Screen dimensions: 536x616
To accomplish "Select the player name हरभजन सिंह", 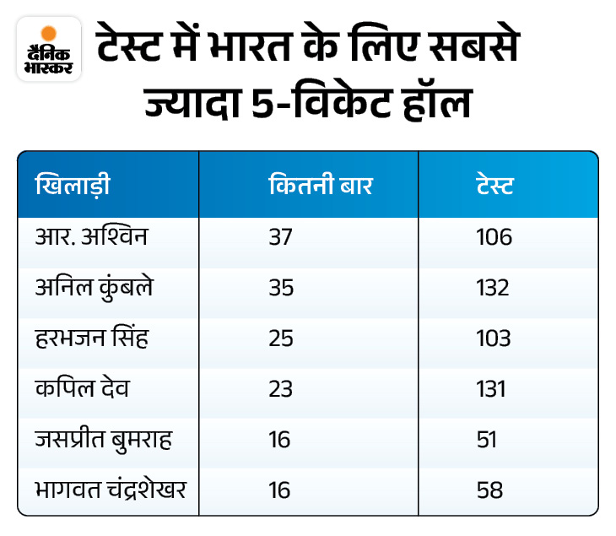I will coord(96,338).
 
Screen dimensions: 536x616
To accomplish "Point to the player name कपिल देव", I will coord(83,388).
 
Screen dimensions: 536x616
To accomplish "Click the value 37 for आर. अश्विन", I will coord(280,237).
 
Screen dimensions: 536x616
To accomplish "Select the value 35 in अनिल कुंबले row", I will coord(280,288).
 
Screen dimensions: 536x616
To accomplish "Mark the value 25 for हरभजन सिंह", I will coord(280,338).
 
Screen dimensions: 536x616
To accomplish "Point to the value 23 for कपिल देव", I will coord(280,388).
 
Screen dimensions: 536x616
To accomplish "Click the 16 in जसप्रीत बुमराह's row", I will coord(279,439).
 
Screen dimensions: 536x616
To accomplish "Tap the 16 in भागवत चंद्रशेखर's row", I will coord(279,490).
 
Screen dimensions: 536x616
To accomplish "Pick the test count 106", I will coord(494,237).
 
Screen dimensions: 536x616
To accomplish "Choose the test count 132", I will coord(493,288).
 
